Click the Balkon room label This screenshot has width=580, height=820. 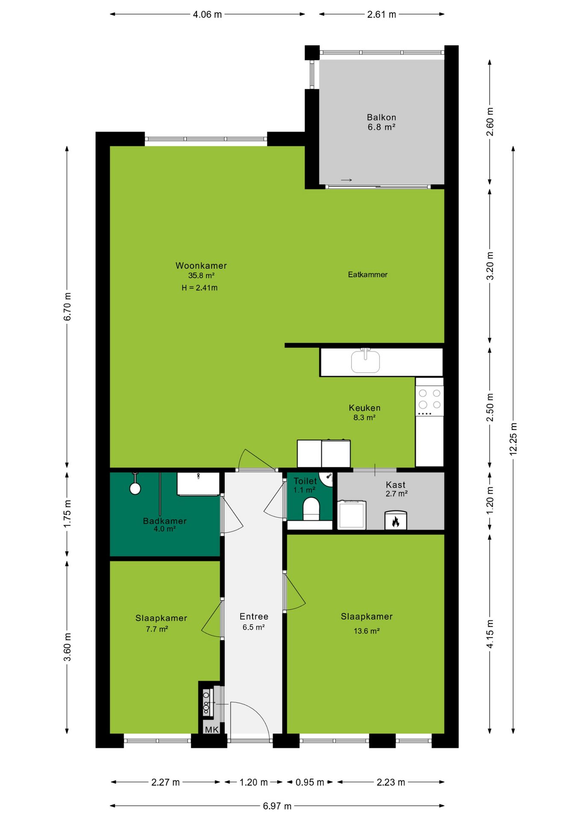(381, 117)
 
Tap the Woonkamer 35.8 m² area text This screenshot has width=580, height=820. (201, 275)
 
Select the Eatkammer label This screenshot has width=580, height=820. (368, 275)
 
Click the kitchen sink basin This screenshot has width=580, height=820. (365, 361)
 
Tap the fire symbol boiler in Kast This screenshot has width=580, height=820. (395, 520)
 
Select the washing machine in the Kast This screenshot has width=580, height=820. (352, 515)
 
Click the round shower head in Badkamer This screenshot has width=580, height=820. (135, 489)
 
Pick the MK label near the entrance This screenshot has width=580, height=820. (212, 729)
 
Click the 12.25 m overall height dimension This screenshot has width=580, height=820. (513, 439)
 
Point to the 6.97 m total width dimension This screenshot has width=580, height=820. (277, 806)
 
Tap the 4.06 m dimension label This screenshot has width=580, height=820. (207, 15)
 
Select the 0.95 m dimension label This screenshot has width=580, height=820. (310, 782)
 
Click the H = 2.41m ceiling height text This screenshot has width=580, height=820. (199, 288)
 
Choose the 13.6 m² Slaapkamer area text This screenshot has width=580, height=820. (367, 631)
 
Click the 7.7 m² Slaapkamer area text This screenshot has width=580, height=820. (157, 629)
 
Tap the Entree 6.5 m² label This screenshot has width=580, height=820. (254, 621)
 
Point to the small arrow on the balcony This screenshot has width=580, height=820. (346, 180)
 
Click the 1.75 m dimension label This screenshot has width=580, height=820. (67, 514)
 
